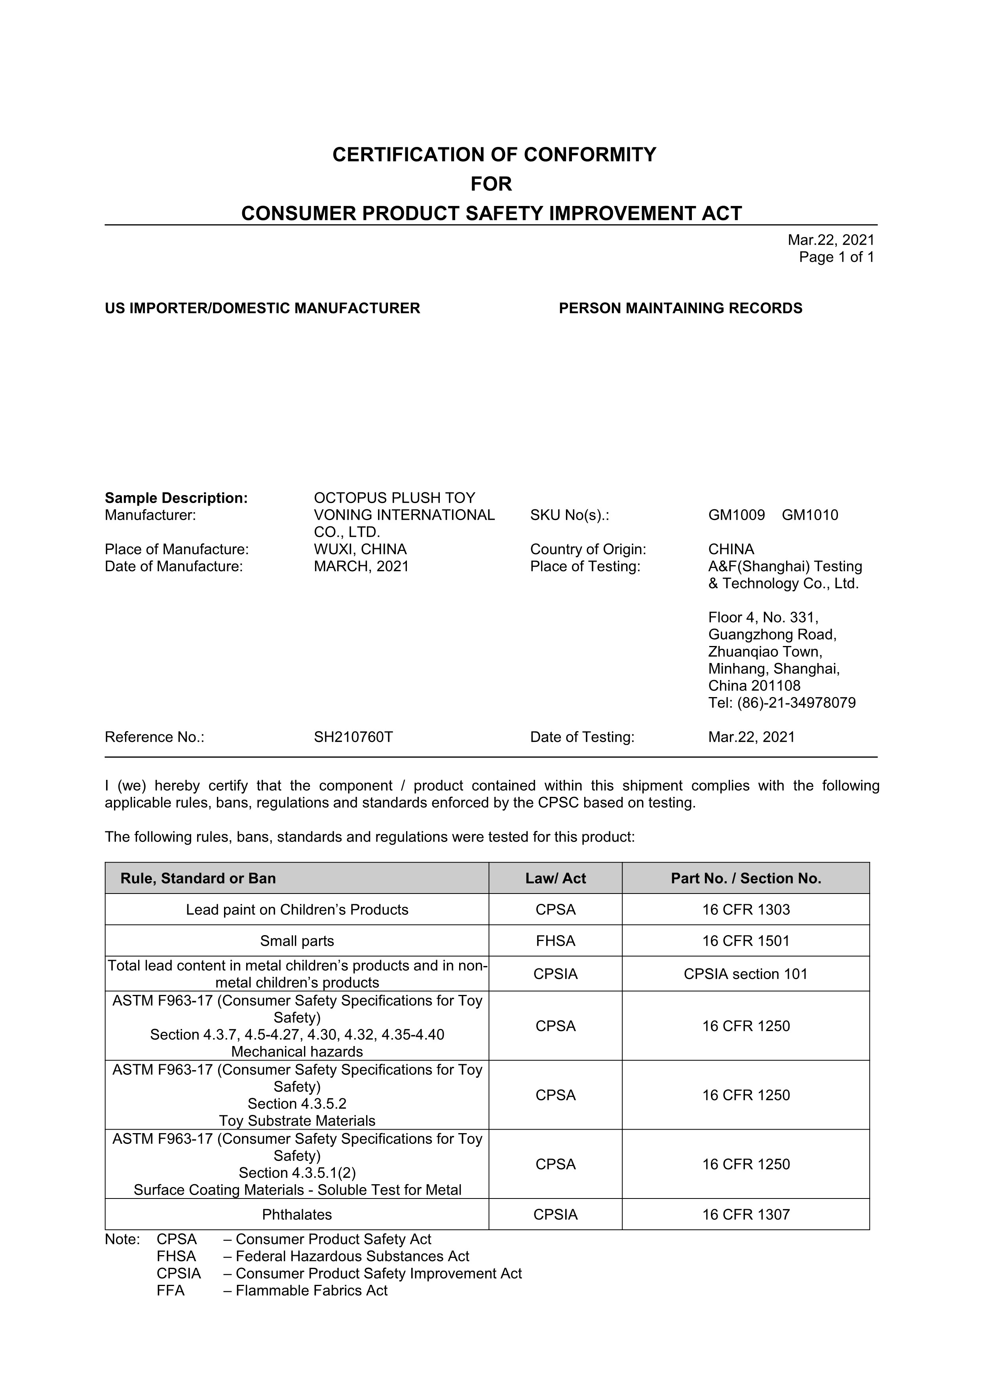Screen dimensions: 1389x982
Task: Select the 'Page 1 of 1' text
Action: pos(836,257)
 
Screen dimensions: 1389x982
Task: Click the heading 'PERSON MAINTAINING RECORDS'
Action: pos(680,309)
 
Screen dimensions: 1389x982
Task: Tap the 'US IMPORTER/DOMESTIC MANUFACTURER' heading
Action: pos(262,309)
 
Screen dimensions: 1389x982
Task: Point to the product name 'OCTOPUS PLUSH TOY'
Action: pos(394,498)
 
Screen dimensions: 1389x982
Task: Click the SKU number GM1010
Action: pos(810,515)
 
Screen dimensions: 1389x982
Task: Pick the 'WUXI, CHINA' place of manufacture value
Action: pos(360,549)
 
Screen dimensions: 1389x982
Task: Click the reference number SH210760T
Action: pos(353,737)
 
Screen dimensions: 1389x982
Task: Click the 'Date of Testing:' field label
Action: pos(582,737)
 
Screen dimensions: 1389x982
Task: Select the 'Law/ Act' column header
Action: pos(555,878)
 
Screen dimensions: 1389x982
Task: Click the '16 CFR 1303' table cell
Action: pos(746,910)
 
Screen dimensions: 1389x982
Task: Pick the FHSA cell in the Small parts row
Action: pos(555,941)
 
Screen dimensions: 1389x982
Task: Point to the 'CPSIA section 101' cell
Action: pos(746,974)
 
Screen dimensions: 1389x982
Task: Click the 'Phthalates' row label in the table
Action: pos(297,1215)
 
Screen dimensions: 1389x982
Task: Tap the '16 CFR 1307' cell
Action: pos(746,1215)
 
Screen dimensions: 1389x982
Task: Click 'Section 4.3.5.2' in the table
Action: pos(297,1104)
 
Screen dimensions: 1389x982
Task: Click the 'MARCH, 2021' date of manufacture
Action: pos(361,566)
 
